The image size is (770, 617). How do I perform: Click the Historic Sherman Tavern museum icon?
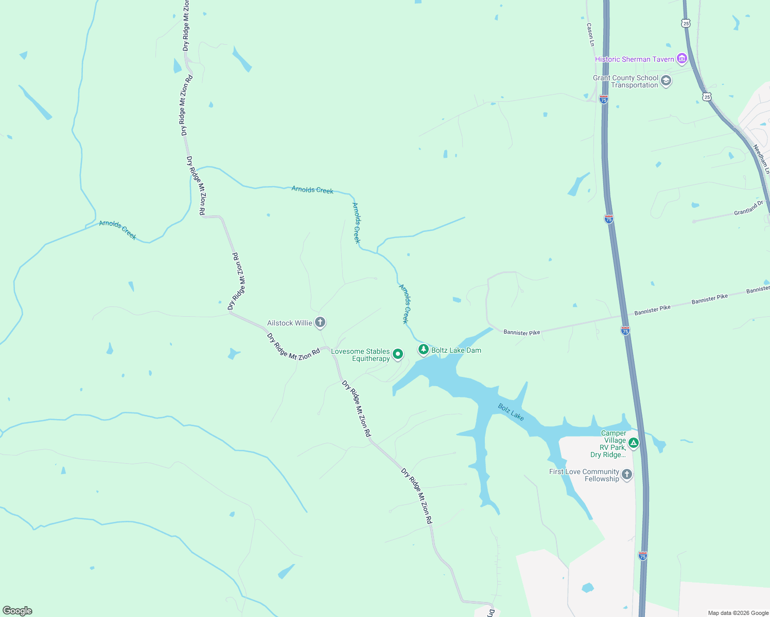point(682,59)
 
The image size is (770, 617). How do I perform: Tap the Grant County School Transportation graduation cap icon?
point(666,81)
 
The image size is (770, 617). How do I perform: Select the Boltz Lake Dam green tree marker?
point(423,350)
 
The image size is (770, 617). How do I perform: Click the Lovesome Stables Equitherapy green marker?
point(397,354)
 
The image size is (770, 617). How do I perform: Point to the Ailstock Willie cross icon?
point(320,322)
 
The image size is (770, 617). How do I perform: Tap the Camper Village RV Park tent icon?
point(634,442)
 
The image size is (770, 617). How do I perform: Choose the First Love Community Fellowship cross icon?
point(626,474)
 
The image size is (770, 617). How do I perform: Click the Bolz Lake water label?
point(511,412)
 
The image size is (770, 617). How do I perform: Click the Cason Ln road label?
point(590,34)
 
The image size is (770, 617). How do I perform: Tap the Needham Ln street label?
point(761,159)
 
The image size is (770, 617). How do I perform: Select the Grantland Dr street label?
point(749,208)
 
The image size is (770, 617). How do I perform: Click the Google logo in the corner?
point(17,611)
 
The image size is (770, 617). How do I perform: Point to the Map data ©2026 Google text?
point(738,613)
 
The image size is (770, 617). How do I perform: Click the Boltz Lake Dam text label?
point(456,350)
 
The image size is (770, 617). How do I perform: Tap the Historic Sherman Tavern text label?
point(634,59)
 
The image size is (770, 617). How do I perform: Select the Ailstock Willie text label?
point(289,323)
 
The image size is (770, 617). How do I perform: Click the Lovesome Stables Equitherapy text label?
point(360,355)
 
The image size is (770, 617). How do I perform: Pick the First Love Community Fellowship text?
point(584,475)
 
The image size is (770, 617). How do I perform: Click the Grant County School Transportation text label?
point(625,81)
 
